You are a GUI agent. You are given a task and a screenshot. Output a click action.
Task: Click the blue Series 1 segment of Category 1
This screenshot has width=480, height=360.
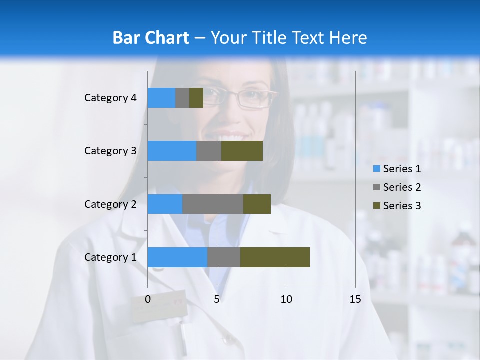point(177,257)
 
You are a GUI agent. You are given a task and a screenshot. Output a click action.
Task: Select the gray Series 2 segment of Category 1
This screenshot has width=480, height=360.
point(224,257)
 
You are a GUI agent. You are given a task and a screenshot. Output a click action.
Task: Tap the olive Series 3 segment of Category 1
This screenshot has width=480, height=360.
point(275,257)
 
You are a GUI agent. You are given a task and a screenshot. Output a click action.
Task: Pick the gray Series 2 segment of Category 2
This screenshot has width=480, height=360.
point(213,204)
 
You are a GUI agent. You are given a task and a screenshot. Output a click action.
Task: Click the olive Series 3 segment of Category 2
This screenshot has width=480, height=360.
point(257,204)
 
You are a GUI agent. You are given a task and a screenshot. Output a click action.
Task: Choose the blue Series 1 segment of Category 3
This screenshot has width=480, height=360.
point(172,150)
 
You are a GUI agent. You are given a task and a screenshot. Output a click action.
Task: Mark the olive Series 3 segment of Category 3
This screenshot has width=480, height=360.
point(242,150)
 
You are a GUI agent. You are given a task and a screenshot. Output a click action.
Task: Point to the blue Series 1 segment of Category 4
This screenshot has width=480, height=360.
point(161,97)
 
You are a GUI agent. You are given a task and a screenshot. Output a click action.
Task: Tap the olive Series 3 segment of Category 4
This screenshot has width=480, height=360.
point(196,97)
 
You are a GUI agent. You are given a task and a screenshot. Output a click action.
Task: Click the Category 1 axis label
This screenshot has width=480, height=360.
point(110,257)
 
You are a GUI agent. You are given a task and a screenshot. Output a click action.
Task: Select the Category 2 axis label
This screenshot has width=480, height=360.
point(110,204)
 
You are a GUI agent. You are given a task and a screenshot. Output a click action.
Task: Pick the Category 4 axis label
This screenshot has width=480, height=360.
point(110,98)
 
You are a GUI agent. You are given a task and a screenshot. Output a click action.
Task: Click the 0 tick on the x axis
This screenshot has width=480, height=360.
point(148,299)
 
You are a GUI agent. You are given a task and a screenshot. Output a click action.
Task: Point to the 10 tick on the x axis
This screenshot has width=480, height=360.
point(286,299)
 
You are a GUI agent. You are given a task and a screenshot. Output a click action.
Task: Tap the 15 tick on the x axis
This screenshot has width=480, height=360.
point(355,299)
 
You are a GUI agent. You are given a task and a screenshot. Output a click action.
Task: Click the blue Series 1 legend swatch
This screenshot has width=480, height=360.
point(376,169)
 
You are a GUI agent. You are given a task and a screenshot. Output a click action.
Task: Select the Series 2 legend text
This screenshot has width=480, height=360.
point(402,187)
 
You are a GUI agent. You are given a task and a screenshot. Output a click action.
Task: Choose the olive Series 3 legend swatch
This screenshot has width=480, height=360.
point(376,206)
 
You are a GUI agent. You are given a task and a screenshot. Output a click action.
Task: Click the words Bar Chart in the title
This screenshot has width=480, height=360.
point(151,38)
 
